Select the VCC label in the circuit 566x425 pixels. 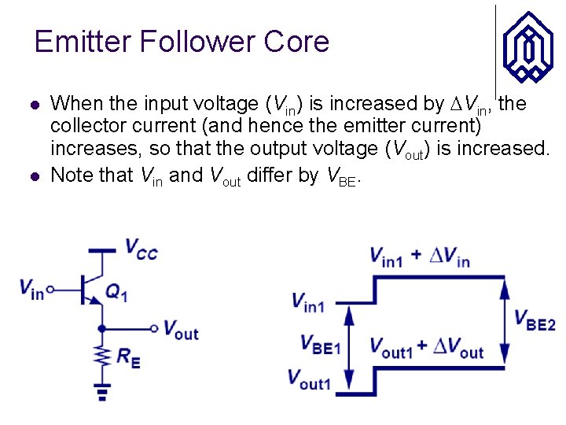coord(141,249)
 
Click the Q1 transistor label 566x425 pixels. coord(116,294)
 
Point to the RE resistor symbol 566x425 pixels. coord(101,357)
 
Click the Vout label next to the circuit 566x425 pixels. coord(181,331)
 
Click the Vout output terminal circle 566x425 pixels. coord(155,329)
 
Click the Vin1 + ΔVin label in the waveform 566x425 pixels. coord(419,257)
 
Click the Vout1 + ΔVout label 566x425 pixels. coord(427,349)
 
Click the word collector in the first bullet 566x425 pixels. coord(89,126)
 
